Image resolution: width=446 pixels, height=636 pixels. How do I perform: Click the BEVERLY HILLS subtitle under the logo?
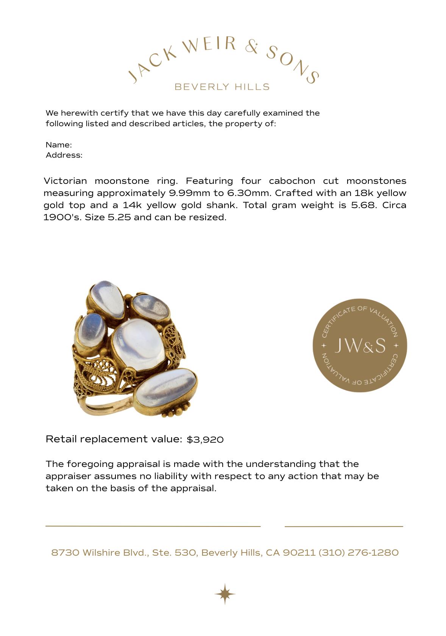[x=222, y=87]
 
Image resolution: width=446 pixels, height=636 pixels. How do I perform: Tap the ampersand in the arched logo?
[x=251, y=47]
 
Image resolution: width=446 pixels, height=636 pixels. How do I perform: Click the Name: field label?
[x=59, y=145]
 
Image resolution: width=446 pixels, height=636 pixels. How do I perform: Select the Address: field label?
[x=64, y=155]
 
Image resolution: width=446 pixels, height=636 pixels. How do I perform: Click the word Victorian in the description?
[x=65, y=181]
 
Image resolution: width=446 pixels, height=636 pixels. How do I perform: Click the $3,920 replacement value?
[x=205, y=439]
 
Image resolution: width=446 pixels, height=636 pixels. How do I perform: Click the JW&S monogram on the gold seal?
[x=360, y=345]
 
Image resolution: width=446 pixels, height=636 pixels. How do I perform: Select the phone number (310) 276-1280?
[x=359, y=553]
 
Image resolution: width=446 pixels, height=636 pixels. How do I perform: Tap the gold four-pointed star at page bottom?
[x=225, y=594]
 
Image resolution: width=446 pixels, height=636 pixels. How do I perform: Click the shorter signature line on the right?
[x=343, y=526]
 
